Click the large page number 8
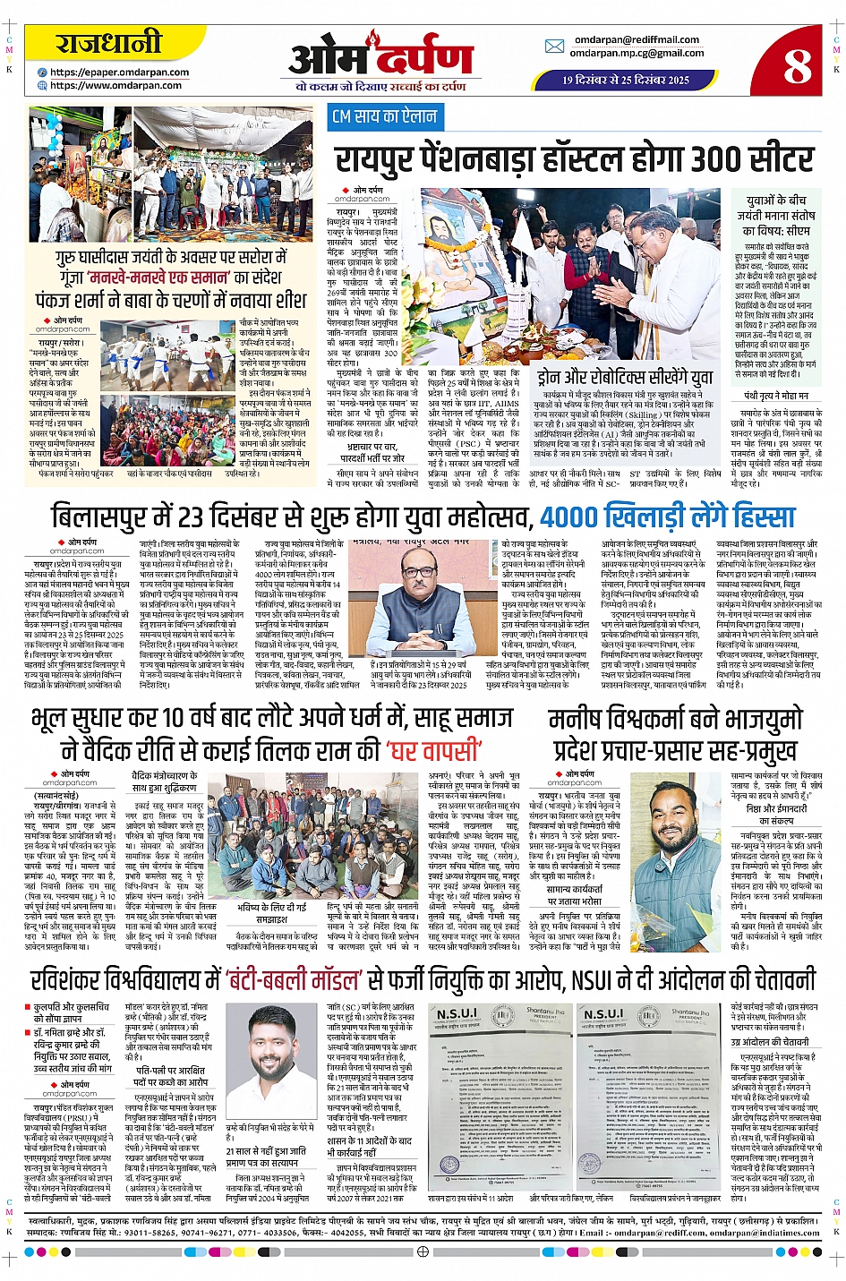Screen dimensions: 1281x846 pos(796,64)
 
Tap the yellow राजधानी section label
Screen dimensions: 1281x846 pos(109,42)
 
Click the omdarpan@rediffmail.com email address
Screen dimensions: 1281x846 pos(637,39)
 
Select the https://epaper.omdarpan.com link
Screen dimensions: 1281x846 pos(119,73)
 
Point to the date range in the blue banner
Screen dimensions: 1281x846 pos(626,80)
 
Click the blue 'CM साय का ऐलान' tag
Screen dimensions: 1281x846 pos(384,116)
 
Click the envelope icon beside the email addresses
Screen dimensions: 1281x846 pos(554,47)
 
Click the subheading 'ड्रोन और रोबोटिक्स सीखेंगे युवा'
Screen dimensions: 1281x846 pos(625,377)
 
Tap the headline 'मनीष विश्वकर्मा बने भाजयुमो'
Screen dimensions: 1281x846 pos(675,721)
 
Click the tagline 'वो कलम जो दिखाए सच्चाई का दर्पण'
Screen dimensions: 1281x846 pos(380,87)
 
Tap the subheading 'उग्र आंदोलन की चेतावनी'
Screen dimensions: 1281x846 pos(771,1042)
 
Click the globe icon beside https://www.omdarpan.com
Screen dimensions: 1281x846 pos(42,85)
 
